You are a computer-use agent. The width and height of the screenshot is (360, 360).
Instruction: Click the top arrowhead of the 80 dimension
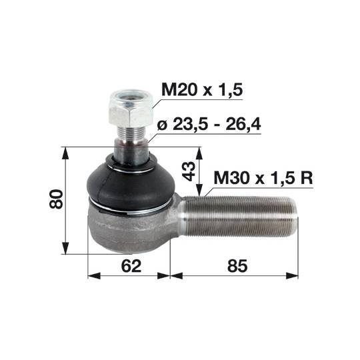pyautogui.click(x=65, y=151)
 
